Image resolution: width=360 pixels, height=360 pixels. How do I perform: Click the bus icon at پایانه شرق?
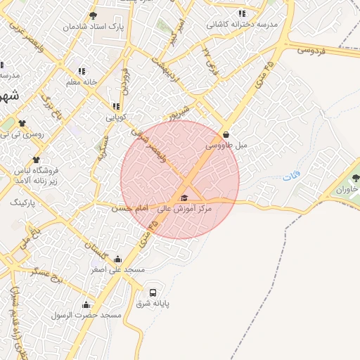[x=153, y=292]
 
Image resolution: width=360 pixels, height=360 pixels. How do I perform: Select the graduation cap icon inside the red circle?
[x=184, y=198]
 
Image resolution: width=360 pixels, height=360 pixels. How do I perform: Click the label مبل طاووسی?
[x=227, y=146]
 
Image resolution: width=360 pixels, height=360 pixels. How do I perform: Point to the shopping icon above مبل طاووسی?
[x=226, y=134]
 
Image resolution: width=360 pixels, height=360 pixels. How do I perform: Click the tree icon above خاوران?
[x=354, y=178]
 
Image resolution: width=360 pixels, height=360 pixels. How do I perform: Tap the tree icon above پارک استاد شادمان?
[x=94, y=15]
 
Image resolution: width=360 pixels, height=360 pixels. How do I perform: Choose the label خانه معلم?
[x=81, y=82]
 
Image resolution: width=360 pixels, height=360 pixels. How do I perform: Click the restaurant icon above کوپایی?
[x=116, y=106]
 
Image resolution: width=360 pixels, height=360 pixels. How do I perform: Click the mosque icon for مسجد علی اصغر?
[x=117, y=258]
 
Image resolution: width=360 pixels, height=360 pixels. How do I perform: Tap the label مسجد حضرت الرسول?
[x=86, y=316]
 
